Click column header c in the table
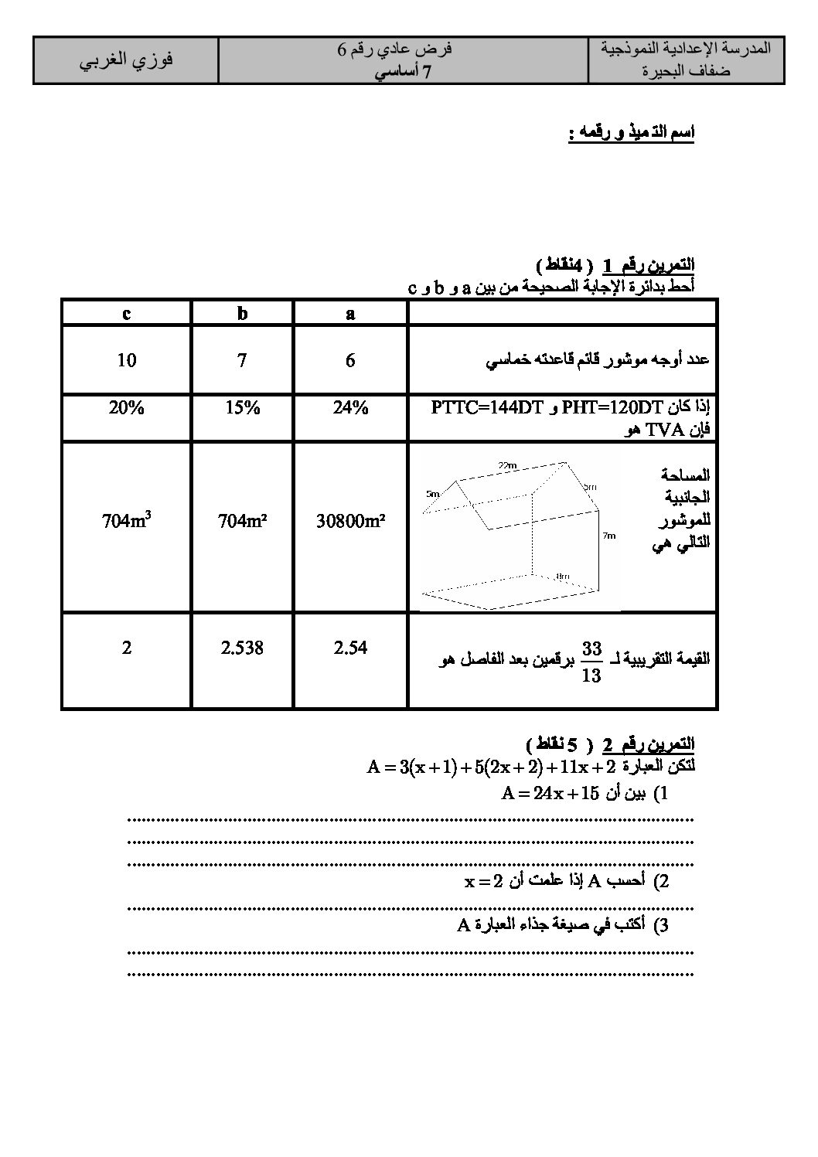(126, 314)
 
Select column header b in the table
(242, 314)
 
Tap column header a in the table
(350, 314)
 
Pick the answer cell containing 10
(126, 360)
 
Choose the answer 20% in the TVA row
(126, 408)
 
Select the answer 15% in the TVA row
(242, 408)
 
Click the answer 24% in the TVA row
(350, 408)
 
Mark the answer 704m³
(126, 521)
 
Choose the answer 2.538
(242, 648)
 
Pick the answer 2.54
(350, 648)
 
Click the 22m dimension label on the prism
(506, 465)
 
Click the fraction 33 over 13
(591, 663)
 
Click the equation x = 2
(483, 881)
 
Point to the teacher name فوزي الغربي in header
(126, 60)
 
